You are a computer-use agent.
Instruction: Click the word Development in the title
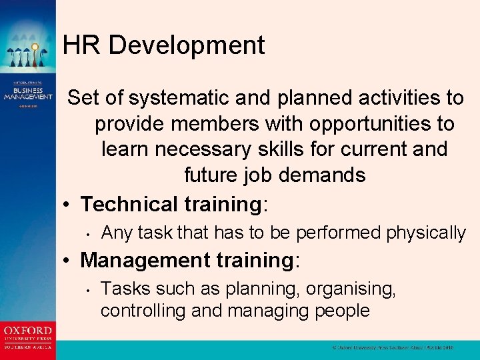[x=187, y=46]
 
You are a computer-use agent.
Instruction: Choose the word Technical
[x=129, y=203]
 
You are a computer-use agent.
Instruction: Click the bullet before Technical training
[x=70, y=205]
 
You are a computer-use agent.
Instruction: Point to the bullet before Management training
[x=70, y=261]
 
